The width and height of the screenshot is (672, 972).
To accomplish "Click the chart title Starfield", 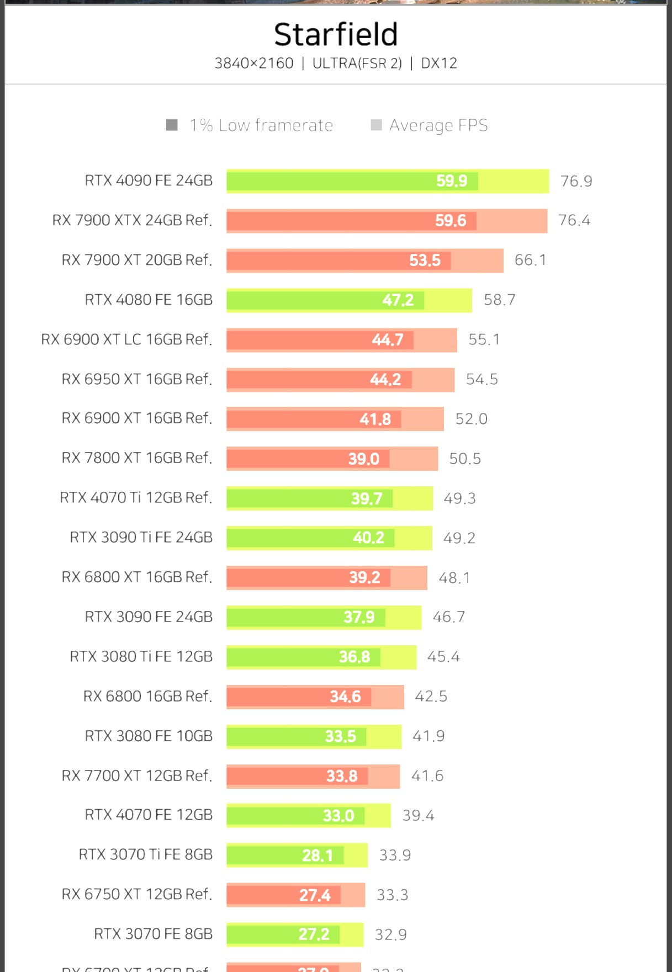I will [336, 35].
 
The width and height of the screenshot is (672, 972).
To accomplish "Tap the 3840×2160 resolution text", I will [253, 63].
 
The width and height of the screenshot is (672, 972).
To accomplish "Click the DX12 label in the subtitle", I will [439, 63].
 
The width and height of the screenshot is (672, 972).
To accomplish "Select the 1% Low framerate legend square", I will [172, 125].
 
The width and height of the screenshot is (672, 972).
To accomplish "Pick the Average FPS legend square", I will [377, 125].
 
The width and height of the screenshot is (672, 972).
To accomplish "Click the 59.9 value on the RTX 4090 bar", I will [452, 181].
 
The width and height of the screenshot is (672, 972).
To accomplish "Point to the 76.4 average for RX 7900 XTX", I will [574, 221].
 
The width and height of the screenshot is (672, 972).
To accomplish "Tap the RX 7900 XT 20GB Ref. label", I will [137, 260].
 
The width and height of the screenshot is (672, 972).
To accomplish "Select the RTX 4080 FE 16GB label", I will [149, 300].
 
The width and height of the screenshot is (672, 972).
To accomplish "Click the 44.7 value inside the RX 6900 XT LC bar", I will [388, 339].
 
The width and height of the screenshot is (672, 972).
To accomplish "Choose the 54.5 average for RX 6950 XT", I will [482, 379].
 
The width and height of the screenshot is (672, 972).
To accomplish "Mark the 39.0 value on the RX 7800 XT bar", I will [364, 459].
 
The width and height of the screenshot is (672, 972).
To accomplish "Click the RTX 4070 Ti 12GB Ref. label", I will [136, 498].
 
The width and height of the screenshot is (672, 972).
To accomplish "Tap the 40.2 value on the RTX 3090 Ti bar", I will [368, 538].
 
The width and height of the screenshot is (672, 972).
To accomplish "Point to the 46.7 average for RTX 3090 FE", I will [449, 617].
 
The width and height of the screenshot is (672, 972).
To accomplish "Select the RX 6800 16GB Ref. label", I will [147, 697].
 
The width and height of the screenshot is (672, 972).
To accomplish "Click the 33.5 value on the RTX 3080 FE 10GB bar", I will [340, 736].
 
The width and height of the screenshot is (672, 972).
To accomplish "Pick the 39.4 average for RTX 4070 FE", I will [418, 816].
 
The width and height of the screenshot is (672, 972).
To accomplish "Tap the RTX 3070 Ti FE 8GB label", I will [146, 855].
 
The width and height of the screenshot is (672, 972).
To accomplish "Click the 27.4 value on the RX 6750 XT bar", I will [315, 895].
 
